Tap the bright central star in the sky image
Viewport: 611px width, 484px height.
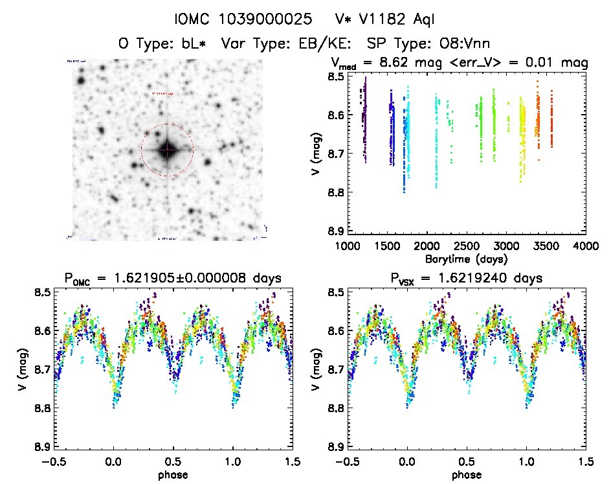click(167, 150)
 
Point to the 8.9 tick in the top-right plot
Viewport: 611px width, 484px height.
click(335, 231)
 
